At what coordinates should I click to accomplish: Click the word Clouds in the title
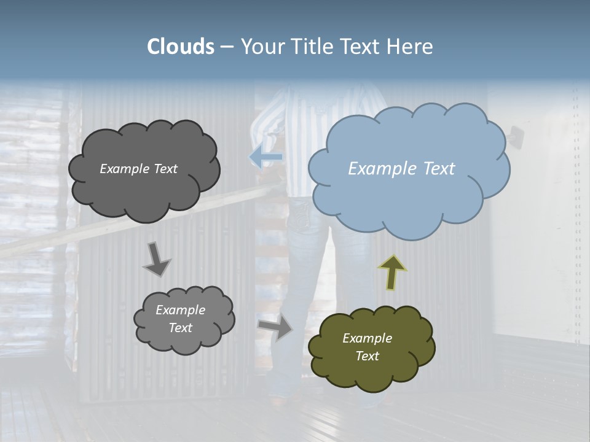coord(181,47)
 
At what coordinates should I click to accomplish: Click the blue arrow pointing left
coord(266,157)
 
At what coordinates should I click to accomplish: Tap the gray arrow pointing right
coord(275,328)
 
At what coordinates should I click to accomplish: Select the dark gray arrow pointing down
coord(156,260)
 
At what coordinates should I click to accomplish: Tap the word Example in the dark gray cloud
coord(125,169)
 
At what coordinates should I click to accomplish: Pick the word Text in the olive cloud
coord(367,356)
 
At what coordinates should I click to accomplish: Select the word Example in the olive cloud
coord(367,338)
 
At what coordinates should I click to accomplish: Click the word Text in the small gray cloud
coord(180,328)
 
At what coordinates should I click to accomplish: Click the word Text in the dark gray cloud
coord(165,169)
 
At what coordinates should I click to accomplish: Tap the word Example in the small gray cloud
coord(180,310)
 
